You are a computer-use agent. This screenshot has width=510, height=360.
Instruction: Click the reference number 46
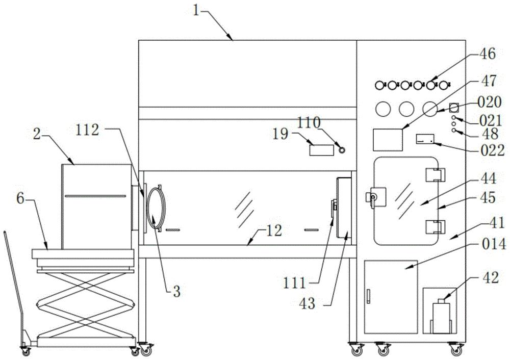487,54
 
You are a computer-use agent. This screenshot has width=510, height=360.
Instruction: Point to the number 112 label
87,130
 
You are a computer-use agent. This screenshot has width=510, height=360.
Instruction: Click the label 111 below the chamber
295,283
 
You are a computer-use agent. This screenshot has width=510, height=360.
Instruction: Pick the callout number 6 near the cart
20,198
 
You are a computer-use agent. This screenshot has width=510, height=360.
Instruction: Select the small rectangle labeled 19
321,149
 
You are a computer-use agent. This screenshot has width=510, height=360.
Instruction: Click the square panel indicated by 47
388,140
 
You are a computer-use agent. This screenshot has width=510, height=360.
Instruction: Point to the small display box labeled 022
425,140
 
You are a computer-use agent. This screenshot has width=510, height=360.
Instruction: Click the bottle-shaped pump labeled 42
442,316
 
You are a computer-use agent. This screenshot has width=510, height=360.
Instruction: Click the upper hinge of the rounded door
435,175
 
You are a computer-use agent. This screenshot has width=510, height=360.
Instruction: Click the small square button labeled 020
454,107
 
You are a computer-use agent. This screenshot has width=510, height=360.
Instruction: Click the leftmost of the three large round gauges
383,109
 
